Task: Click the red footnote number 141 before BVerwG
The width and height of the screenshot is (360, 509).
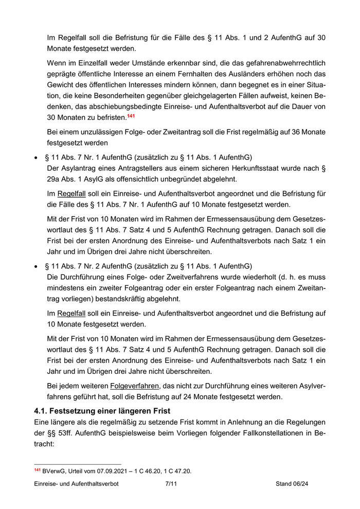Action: pos(37,470)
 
